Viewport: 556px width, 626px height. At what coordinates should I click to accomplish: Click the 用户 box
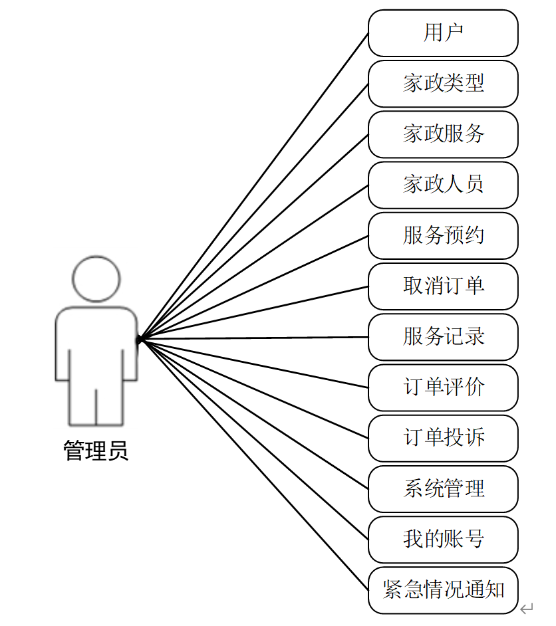click(443, 33)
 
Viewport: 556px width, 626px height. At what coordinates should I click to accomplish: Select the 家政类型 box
click(443, 84)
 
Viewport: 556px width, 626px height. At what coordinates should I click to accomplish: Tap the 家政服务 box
click(443, 134)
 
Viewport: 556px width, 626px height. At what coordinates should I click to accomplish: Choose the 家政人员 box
click(443, 185)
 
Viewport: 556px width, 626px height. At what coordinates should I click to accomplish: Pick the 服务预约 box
click(443, 236)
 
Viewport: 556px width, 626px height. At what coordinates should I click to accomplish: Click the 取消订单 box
click(443, 286)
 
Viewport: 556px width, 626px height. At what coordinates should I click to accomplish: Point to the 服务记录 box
click(443, 337)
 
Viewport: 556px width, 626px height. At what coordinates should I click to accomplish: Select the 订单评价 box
click(443, 387)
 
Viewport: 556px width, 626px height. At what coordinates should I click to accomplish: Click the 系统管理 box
click(443, 489)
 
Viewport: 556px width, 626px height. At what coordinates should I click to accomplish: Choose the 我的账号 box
click(443, 540)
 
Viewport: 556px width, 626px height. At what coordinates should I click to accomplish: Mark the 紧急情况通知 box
click(443, 590)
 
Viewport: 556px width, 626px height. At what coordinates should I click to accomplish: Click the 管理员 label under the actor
click(96, 451)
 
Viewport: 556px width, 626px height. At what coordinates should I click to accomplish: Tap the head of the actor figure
click(96, 279)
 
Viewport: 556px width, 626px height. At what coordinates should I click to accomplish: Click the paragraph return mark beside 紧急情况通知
click(527, 607)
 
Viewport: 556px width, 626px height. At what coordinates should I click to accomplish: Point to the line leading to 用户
click(253, 186)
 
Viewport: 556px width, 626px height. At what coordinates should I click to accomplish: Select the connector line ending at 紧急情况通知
click(253, 464)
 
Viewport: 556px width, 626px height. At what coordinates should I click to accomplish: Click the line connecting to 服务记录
click(253, 338)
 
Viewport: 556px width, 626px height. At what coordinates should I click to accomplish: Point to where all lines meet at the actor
click(140, 340)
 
